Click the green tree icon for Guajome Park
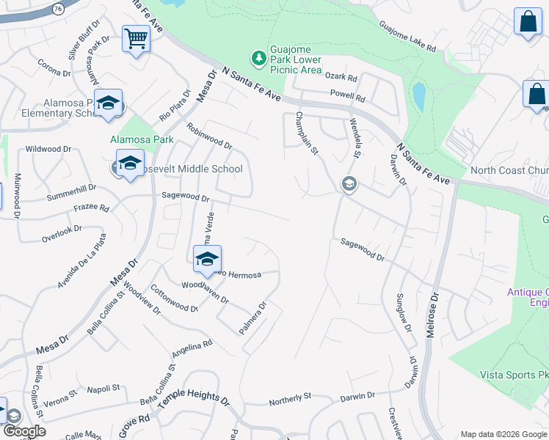click(258, 56)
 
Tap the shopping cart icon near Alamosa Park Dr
click(136, 38)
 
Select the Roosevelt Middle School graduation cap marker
click(130, 164)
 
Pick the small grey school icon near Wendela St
click(349, 184)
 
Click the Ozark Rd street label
click(342, 78)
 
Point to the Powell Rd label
click(347, 96)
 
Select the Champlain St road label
click(307, 133)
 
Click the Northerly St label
click(290, 398)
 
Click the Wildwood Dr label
click(48, 149)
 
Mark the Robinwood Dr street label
click(209, 135)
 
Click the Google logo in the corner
click(24, 431)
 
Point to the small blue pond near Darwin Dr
click(418, 96)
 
